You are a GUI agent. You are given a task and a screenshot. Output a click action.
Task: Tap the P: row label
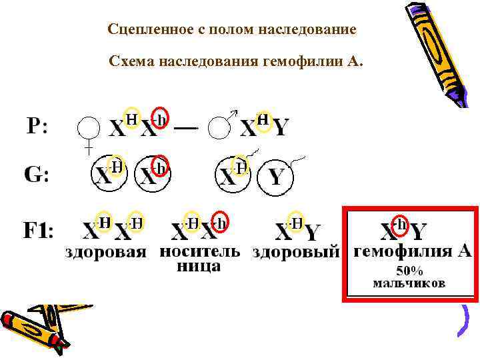[x=37, y=125]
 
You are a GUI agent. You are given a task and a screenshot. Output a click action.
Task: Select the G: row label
[x=37, y=175]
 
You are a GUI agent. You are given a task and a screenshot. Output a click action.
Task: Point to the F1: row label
[x=39, y=231]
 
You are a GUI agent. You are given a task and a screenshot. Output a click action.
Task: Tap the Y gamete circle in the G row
[x=276, y=177]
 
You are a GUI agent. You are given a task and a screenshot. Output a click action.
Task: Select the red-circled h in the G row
[x=160, y=166]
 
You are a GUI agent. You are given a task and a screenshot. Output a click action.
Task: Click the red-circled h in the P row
[x=160, y=119]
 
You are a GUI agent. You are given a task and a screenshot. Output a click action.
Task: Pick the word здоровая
[x=105, y=253]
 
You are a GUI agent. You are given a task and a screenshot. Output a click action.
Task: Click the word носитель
[x=199, y=251]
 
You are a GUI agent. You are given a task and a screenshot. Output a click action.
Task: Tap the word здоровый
[x=295, y=253]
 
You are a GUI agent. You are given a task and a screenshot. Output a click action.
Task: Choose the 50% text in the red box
[x=409, y=271]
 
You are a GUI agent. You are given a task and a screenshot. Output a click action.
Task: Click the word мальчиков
[x=409, y=283]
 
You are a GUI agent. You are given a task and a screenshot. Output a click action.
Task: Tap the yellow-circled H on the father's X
[x=264, y=119]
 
